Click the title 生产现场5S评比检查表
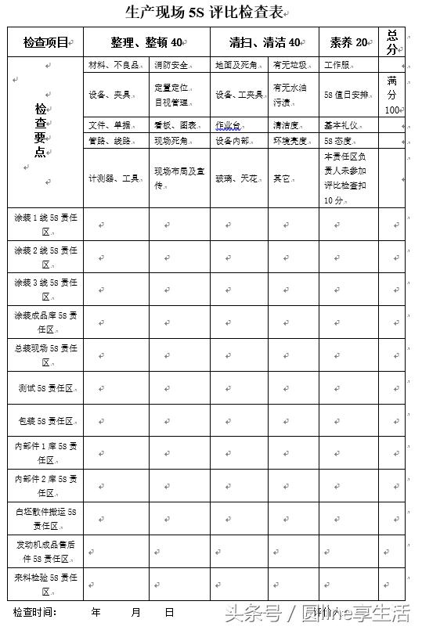pos(205,13)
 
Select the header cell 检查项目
pos(45,41)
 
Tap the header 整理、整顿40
pos(146,41)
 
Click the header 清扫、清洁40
pos(265,41)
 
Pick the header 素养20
pos(348,41)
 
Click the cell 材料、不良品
pos(108,64)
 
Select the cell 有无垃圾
pos(289,64)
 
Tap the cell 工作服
pos(337,64)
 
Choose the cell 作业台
pos(228,125)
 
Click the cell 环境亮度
pos(290,141)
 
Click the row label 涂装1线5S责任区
pos(45,223)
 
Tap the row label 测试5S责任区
pos(45,388)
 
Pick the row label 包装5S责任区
pos(45,421)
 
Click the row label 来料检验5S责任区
pos(45,584)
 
